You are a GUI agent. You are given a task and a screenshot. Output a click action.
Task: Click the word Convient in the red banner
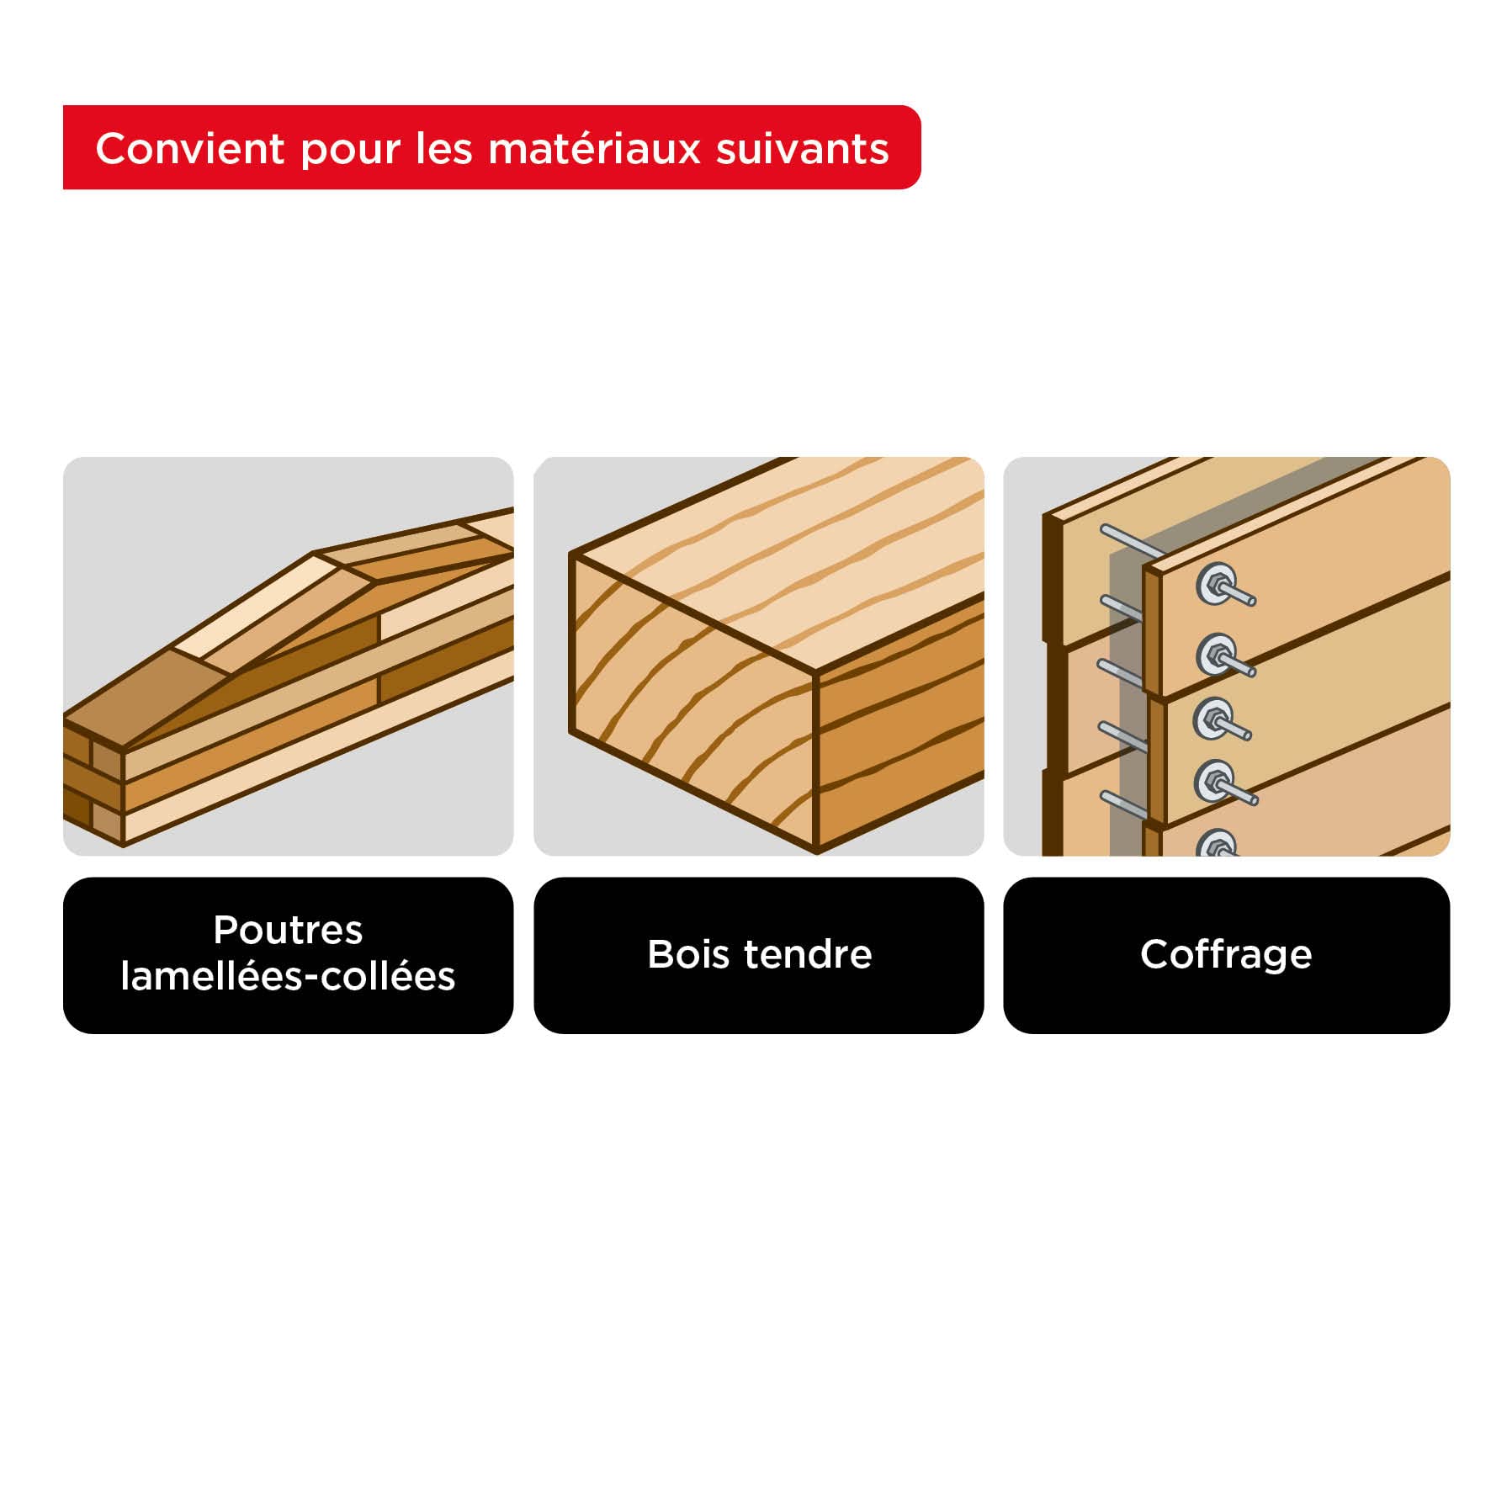point(190,149)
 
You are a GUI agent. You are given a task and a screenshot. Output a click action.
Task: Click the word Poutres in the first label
point(288,930)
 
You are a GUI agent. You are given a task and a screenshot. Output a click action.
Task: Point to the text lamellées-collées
point(288,977)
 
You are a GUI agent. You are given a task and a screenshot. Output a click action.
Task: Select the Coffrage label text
point(1225,954)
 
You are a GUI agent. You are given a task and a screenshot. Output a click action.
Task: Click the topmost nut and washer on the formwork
point(1214,583)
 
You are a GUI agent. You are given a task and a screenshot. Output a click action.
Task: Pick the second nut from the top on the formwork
point(1214,654)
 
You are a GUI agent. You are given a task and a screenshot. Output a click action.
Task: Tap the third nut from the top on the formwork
point(1212,718)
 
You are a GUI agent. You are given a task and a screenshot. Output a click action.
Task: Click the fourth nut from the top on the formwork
point(1212,783)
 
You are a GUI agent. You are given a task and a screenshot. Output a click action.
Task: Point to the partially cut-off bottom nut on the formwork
point(1216,844)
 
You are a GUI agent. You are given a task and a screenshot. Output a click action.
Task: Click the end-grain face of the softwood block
point(690,698)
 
